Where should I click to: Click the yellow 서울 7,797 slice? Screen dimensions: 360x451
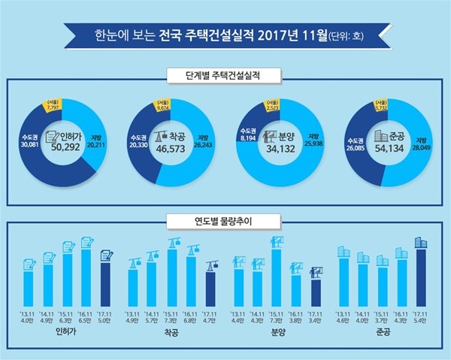[x=53, y=110]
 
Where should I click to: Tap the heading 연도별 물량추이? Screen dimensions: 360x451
[x=224, y=222]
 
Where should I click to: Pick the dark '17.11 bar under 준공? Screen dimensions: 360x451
[x=419, y=274]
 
